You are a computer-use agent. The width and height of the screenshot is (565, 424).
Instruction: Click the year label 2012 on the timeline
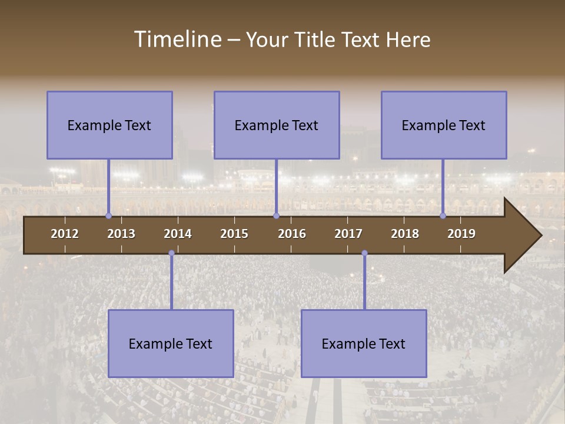(65, 234)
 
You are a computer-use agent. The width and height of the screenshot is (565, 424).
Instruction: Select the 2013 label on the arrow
(121, 234)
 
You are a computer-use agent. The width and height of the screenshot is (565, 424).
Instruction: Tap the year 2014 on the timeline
(178, 234)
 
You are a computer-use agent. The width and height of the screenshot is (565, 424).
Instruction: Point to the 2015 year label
(234, 234)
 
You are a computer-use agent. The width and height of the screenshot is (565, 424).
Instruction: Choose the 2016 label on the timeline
(292, 234)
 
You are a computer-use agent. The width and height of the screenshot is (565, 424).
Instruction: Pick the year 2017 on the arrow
(348, 234)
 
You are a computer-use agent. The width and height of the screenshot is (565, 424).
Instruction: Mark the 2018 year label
(405, 234)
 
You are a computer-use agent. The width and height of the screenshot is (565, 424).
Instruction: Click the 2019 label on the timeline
(461, 234)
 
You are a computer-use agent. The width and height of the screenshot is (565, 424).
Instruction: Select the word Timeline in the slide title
(177, 39)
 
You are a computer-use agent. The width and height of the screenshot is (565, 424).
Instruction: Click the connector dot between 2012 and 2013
(108, 216)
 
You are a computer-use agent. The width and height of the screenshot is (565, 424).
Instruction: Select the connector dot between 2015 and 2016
(276, 216)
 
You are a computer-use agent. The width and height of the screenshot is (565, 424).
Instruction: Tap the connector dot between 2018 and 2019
(443, 216)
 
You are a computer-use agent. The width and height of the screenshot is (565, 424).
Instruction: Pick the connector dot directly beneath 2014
(171, 253)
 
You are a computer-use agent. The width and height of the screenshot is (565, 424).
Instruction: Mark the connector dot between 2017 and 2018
(364, 253)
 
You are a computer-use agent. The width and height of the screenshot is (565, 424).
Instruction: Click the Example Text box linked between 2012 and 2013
(109, 125)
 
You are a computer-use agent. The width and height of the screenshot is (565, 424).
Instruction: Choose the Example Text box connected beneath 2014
(171, 343)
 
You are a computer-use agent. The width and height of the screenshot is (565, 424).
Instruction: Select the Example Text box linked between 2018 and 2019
(444, 125)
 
